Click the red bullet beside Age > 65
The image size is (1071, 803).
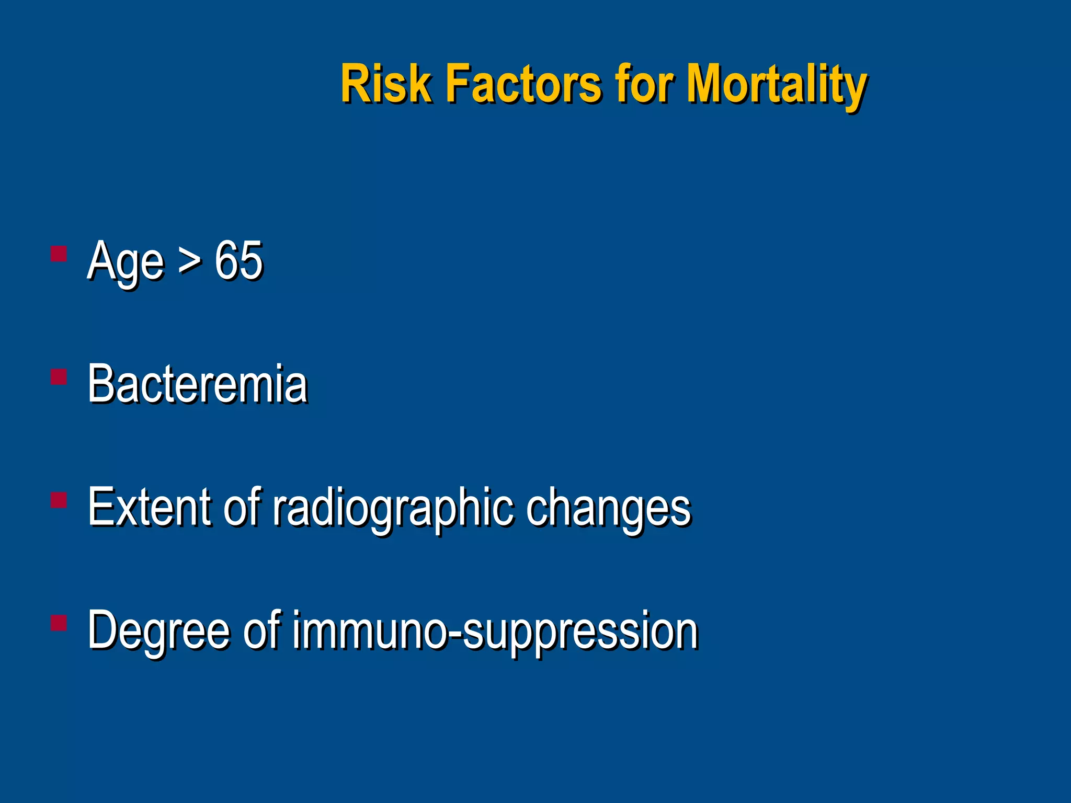(x=59, y=255)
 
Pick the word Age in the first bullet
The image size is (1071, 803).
(x=126, y=261)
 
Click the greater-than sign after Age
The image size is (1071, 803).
(x=189, y=260)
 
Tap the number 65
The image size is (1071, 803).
(x=238, y=260)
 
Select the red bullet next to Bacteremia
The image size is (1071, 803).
(x=59, y=377)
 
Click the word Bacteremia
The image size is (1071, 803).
(x=198, y=384)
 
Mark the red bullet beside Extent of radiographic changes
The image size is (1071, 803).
(x=59, y=500)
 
